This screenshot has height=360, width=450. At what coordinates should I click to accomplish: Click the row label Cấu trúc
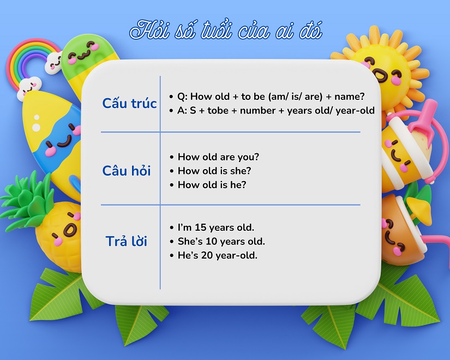point(129,104)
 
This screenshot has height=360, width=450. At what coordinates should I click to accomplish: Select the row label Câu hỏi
point(127,171)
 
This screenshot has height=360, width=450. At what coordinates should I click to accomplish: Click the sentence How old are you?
point(218,157)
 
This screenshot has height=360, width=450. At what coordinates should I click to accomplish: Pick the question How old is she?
point(214,171)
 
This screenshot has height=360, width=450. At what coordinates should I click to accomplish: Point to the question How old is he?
point(212,185)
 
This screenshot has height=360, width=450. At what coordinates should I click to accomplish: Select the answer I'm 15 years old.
point(216,227)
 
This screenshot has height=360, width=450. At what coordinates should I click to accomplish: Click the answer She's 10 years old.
point(221,241)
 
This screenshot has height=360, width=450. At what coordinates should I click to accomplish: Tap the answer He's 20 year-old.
point(217,255)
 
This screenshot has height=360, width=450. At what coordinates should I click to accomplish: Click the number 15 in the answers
point(199,227)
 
